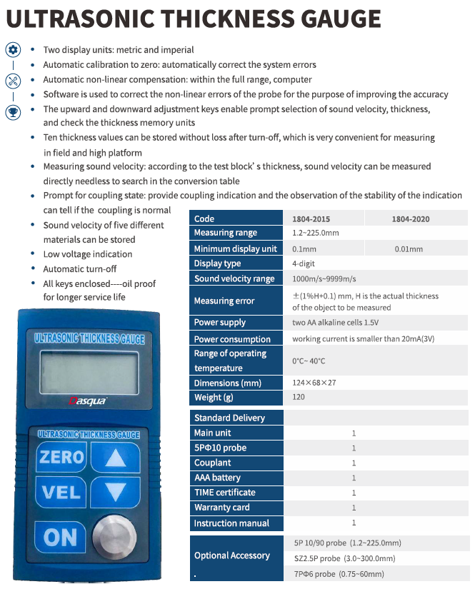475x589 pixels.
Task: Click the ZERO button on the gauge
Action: tap(61, 457)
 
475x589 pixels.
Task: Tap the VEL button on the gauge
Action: tap(61, 492)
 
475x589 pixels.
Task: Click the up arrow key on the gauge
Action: tap(114, 457)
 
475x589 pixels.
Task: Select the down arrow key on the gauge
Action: tap(114, 492)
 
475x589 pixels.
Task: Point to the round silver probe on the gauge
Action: tap(113, 535)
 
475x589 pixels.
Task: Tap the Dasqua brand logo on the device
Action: tap(87, 401)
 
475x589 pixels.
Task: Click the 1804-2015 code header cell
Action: tap(311, 219)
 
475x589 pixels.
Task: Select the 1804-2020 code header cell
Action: tap(410, 219)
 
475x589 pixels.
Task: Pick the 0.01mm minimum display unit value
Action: tap(408, 249)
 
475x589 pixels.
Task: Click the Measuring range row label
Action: tap(225, 233)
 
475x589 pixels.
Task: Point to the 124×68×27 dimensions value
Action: tap(314, 383)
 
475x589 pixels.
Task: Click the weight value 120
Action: tap(299, 398)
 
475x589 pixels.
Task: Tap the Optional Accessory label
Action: tap(231, 555)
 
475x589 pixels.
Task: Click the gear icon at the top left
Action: tap(13, 50)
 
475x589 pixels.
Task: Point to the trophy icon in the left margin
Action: tap(13, 111)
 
